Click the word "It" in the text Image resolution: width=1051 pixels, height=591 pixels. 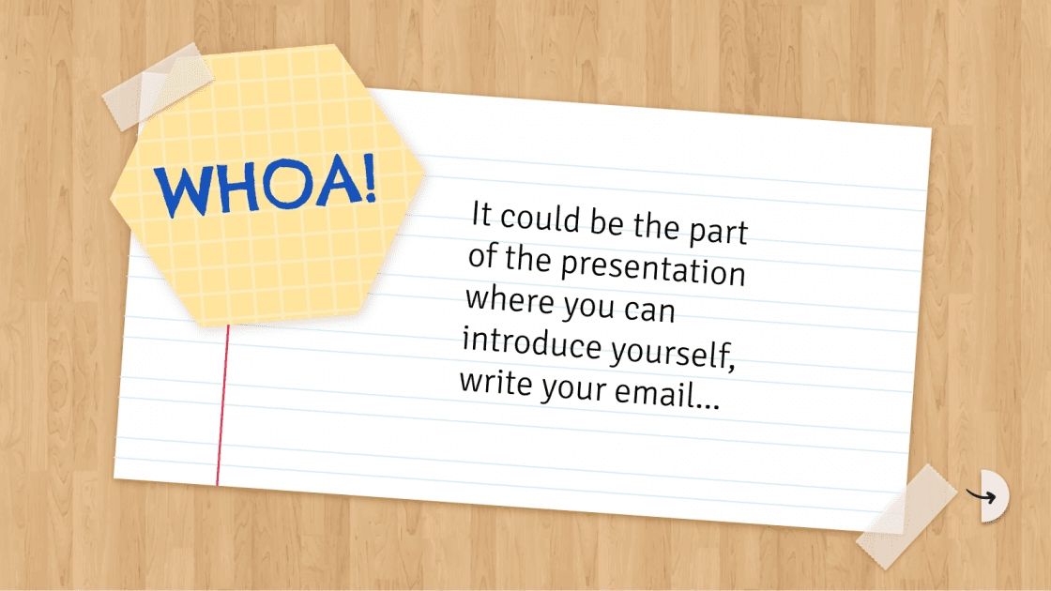coord(481,215)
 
